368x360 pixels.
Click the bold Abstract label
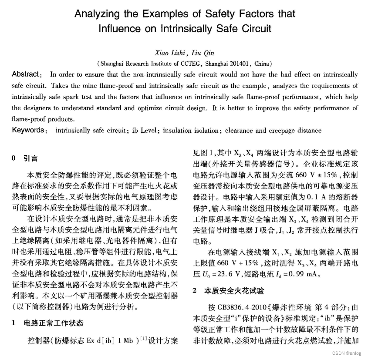click(27, 74)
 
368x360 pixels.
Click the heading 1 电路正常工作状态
click(47, 323)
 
